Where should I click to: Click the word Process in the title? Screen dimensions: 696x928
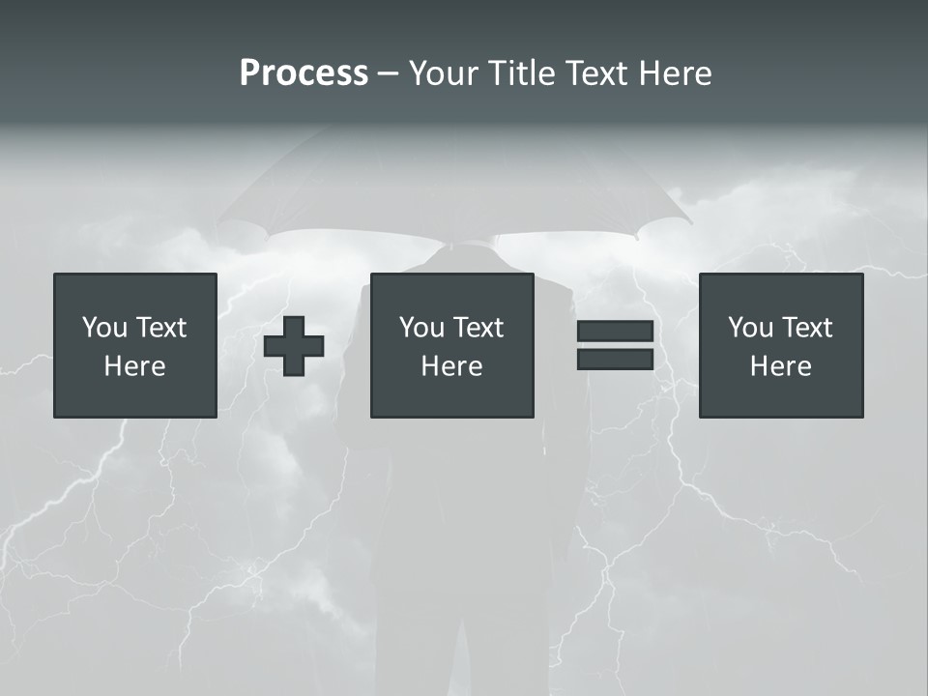304,73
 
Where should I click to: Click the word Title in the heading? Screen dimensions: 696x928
519,73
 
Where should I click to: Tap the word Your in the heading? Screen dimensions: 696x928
445,73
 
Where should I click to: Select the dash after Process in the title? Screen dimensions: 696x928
389,73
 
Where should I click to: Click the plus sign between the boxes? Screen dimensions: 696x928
294,346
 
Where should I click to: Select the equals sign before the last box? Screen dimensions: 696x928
615,345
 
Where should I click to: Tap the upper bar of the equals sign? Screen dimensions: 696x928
615,332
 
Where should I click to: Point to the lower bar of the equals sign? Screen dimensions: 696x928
615,359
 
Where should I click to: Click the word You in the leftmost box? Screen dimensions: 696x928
104,328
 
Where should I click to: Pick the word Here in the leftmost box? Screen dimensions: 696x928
135,366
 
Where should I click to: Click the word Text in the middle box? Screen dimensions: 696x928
478,328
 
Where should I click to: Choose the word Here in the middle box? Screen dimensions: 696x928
452,366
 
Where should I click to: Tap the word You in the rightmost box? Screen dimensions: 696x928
750,328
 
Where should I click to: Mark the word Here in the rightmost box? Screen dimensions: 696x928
781,366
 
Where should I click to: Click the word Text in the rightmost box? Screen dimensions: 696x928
806,328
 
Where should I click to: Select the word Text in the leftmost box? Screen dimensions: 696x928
160,328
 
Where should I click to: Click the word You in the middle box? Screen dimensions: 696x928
421,328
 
